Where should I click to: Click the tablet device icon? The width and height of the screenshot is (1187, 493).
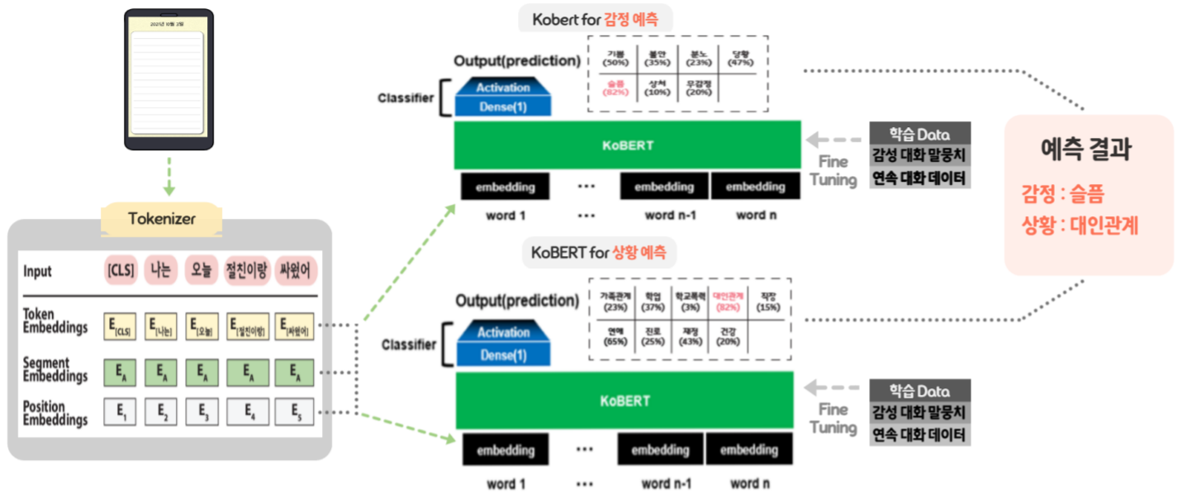click(168, 79)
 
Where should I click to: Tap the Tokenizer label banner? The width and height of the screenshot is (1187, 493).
click(161, 219)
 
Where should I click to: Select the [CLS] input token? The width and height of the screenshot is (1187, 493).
click(120, 271)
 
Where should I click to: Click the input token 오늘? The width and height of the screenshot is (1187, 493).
click(201, 271)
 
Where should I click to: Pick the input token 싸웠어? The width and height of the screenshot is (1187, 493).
click(294, 271)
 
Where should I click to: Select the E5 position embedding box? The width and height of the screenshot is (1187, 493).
click(294, 411)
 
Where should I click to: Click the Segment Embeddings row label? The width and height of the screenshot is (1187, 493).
click(55, 369)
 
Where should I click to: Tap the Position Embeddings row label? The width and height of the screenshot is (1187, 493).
click(55, 413)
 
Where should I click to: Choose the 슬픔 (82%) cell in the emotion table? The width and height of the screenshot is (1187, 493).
click(615, 88)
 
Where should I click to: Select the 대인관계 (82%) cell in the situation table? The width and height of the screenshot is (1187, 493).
click(728, 301)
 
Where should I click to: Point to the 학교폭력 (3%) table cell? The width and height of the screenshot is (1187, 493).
click(690, 301)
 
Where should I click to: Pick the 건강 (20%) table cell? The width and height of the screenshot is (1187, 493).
click(728, 337)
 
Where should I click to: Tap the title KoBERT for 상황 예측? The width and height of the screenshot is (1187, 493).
click(599, 251)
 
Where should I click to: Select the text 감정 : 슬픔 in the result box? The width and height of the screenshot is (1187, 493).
click(1062, 195)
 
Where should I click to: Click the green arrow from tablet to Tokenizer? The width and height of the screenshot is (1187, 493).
click(169, 178)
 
